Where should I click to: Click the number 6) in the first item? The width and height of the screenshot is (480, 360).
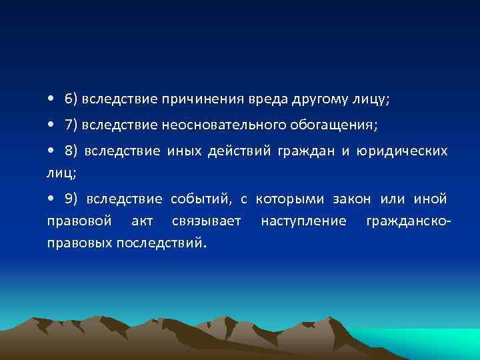(71, 99)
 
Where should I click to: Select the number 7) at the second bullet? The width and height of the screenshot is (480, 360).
(71, 125)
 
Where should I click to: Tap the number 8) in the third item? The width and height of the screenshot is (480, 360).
(72, 151)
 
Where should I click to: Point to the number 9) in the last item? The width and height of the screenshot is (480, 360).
(72, 199)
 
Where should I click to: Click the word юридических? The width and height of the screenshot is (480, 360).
(403, 151)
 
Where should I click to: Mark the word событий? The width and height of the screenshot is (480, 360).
(199, 199)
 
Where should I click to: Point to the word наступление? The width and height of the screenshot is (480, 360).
(303, 221)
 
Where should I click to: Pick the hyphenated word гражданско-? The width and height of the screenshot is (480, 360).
(409, 221)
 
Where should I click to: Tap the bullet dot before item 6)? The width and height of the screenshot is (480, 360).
(51, 100)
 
